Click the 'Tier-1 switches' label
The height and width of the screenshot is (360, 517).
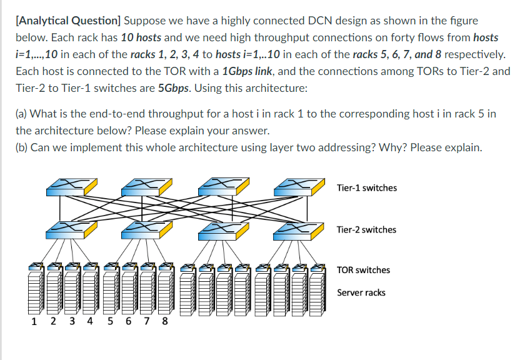point(366,187)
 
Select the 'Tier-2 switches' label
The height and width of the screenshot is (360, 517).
point(366,229)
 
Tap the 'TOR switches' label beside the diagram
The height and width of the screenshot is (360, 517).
point(363,270)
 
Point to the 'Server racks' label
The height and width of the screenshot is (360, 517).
point(361,292)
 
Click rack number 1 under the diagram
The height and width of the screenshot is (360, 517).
point(34,322)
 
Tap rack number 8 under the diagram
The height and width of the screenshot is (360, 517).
point(165,322)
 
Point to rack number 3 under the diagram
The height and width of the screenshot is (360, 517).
point(71,322)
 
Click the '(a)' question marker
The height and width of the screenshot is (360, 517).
point(22,114)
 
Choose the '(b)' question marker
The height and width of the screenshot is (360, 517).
point(22,147)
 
